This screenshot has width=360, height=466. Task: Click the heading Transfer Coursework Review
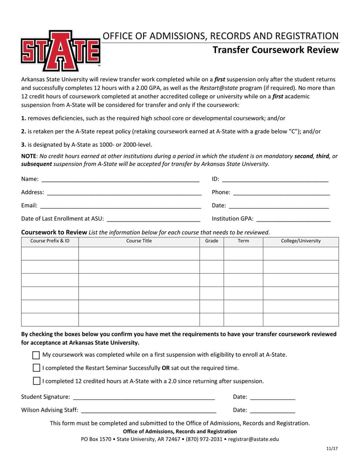tap(275, 50)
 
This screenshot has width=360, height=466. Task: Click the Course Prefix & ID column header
tap(50, 241)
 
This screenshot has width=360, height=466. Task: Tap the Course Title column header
tap(139, 241)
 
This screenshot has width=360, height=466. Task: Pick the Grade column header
tap(211, 241)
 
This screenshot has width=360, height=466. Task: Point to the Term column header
tap(243, 241)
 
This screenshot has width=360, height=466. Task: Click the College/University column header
tap(301, 241)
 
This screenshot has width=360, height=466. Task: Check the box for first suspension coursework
tap(36, 355)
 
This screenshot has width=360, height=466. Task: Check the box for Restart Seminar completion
tap(36, 368)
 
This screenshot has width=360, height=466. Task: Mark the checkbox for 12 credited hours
tap(36, 381)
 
